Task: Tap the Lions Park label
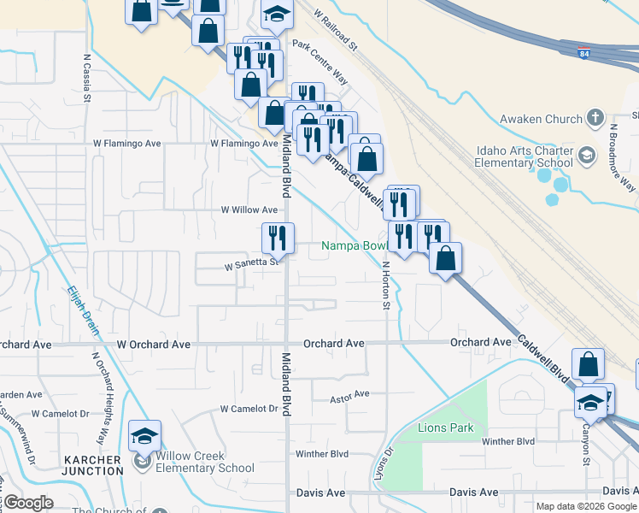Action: pos(445,427)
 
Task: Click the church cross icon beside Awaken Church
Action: pos(595,118)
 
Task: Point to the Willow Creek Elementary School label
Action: pos(204,462)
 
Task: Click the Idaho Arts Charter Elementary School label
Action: pos(525,156)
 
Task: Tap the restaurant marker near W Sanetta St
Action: pos(278,237)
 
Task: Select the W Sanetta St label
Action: pos(252,263)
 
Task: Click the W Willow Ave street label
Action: pos(249,209)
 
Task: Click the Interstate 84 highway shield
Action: pos(583,54)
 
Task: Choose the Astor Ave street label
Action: pos(349,394)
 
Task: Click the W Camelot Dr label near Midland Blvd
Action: pos(249,410)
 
